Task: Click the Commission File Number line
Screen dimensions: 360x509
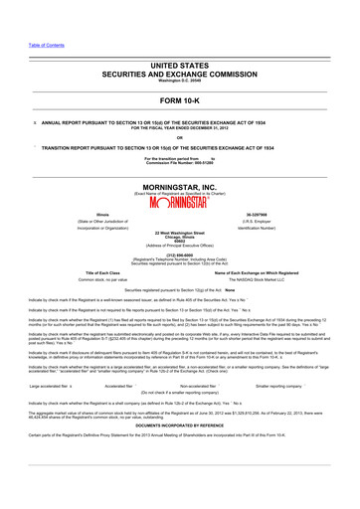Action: [x=179, y=162]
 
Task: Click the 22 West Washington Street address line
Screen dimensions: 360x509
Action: [x=179, y=231]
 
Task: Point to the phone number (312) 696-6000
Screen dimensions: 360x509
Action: [x=179, y=255]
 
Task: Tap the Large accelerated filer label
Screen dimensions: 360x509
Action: [x=50, y=412]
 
